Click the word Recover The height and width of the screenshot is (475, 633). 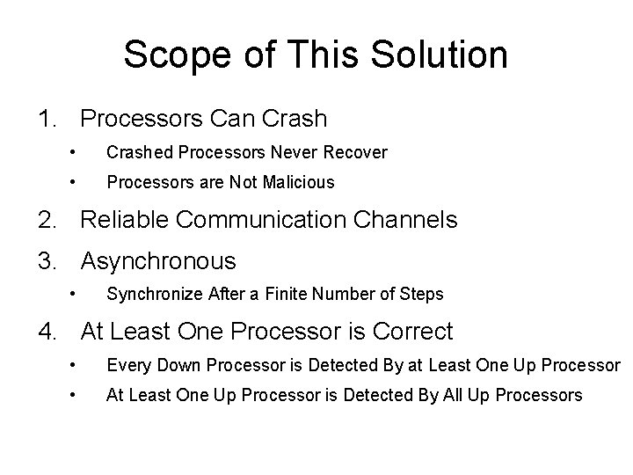tap(355, 153)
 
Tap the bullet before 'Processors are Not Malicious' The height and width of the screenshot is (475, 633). tap(76, 183)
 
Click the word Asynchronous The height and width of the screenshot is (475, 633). tap(158, 261)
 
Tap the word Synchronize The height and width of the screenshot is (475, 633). tap(149, 295)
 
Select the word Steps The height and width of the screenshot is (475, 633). tap(423, 295)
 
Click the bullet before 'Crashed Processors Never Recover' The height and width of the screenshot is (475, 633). tap(76, 153)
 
